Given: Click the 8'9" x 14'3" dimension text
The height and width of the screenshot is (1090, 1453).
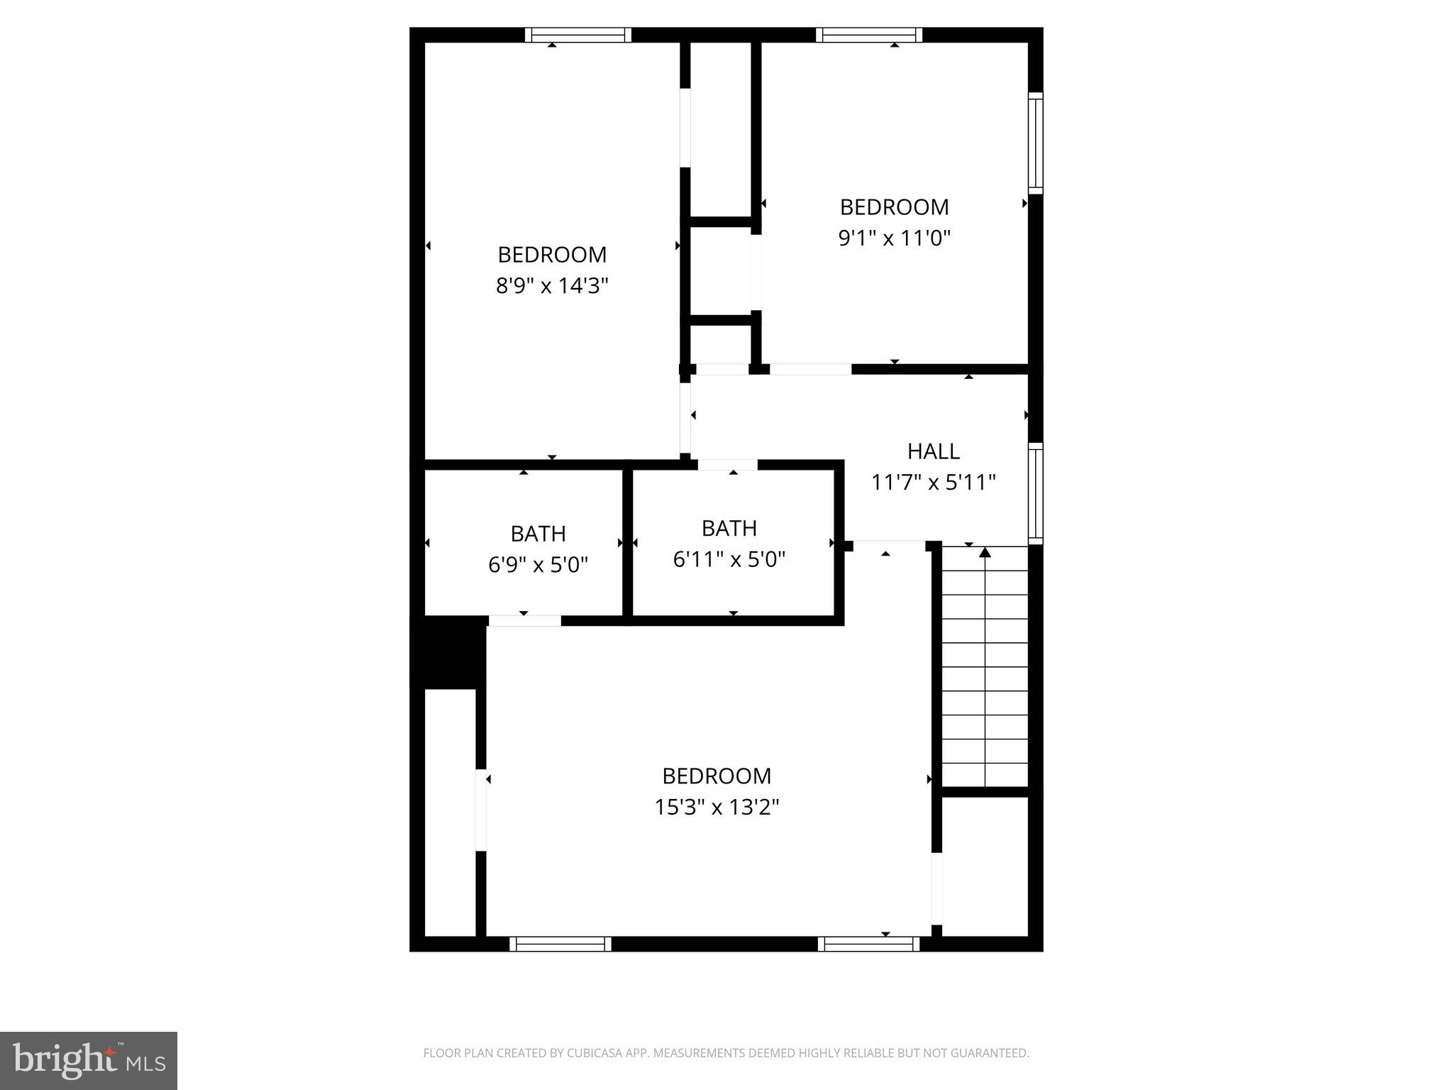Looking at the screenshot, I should point(552,286).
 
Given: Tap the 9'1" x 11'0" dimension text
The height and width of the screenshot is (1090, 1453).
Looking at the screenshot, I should point(894,238).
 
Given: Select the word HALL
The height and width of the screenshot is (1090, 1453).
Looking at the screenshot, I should point(933,451).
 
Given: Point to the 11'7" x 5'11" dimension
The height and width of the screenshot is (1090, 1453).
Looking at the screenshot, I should point(933,483).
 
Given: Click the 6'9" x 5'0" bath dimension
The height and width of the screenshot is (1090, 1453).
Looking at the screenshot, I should point(538,565).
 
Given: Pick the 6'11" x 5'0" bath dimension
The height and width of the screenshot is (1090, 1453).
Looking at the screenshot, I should point(729,560).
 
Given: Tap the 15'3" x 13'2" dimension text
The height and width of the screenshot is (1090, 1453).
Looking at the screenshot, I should point(717,808).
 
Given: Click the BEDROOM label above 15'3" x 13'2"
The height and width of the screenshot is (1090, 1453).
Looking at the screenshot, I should point(717,776).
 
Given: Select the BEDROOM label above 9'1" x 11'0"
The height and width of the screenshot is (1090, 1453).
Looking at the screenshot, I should point(894,207).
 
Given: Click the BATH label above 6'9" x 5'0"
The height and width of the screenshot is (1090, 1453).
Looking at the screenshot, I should point(538,534).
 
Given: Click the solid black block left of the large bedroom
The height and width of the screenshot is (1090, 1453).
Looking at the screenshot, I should point(449,652).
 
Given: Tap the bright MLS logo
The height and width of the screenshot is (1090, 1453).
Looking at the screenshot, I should point(89,1060).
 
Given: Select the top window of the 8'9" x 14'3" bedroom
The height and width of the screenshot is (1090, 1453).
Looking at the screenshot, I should point(578,35).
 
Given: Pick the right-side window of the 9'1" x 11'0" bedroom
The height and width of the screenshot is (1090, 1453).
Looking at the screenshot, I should point(1036,143).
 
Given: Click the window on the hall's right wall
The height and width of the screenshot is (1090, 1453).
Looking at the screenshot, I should point(1036,493).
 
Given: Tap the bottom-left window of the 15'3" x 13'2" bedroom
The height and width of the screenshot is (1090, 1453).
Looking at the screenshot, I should point(560,944).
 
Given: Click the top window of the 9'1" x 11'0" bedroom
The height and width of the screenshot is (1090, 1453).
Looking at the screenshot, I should point(868,35).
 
